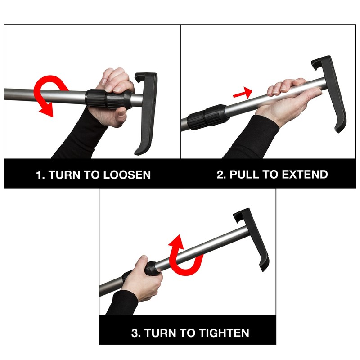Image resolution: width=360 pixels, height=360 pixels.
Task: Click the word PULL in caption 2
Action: [243, 175]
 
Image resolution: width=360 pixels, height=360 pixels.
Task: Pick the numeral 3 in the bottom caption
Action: [135, 333]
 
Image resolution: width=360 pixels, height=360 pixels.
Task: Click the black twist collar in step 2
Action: [207, 116]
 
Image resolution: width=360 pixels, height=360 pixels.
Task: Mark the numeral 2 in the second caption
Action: [220, 175]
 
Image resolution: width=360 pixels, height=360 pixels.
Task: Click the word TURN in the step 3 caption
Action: [160, 333]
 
